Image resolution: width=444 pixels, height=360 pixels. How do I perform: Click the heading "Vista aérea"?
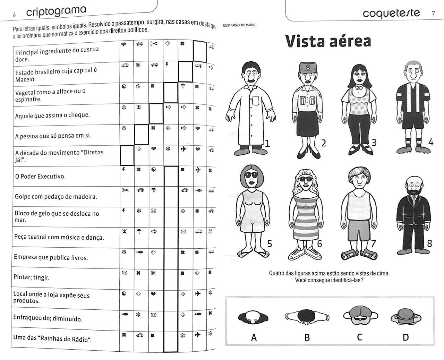(x=328, y=41)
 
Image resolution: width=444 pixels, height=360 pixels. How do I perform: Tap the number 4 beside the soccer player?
(x=430, y=142)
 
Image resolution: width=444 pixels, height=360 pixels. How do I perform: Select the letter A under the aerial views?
(x=254, y=337)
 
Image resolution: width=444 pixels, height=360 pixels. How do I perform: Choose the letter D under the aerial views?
(x=405, y=337)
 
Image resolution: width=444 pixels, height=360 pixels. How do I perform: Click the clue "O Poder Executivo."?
(x=40, y=177)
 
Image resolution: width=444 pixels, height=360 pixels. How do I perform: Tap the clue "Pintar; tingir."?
(x=32, y=277)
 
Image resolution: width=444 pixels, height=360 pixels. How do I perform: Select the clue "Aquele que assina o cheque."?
(x=52, y=115)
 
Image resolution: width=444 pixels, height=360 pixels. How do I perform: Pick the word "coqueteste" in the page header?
(x=391, y=13)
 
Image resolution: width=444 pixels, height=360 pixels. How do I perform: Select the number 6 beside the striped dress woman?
(x=319, y=244)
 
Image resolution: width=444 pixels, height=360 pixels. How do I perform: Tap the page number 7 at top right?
(x=434, y=14)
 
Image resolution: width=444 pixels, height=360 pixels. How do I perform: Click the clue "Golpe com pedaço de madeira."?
(x=55, y=197)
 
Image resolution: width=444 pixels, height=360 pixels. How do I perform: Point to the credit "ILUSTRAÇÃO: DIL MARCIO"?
(x=239, y=25)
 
